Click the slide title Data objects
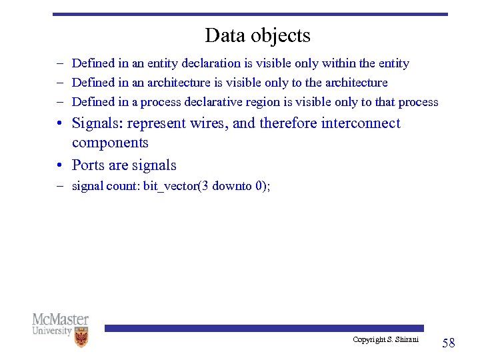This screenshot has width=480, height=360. point(257,35)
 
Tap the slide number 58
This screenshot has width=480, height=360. point(449,343)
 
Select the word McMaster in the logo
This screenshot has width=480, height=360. point(61,319)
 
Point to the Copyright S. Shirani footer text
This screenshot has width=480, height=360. point(385,340)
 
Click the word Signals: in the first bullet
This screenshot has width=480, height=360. point(97,123)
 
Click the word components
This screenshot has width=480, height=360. point(110,143)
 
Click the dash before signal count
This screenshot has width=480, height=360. point(59,186)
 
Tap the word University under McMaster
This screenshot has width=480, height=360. point(52,331)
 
